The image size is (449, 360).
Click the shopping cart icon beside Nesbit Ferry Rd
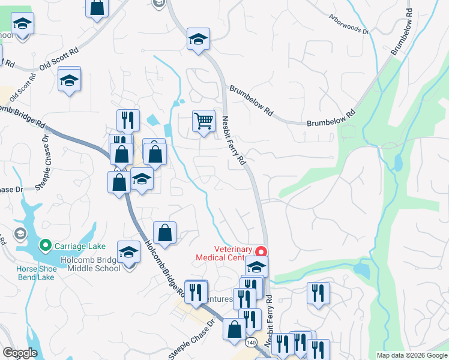pos(203,121)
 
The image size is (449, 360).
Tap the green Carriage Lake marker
pos(45,245)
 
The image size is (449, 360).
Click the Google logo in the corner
pos(20,353)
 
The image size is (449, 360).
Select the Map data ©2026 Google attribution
pos(412,355)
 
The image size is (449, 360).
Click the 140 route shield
pos(252,342)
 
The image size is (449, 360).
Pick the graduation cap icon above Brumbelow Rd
pos(197,39)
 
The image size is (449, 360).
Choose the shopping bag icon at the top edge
pos(97,8)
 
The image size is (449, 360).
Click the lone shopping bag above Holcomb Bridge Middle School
pos(164,232)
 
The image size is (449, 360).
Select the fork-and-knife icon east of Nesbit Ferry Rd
pos(318,293)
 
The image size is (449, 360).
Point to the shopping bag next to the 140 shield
pos(234,329)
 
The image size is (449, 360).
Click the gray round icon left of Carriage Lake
pos(20,233)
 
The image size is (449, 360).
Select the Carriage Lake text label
pos(80,246)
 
